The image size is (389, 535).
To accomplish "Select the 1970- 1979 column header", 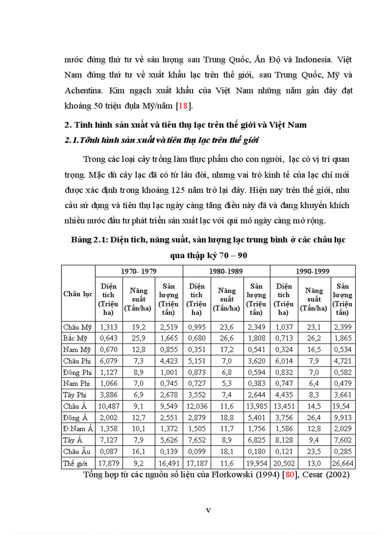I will pos(139,271).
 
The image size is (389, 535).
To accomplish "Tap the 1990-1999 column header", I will pos(313,271).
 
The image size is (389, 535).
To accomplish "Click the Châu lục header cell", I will pos(78,294).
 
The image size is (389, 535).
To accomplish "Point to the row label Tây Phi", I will pos(74,395).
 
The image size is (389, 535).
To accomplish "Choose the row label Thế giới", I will pos(76,463).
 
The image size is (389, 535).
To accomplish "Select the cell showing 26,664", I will pos(343,463).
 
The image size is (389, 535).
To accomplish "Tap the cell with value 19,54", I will pos(343,406).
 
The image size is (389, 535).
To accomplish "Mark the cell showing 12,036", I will pos(196,406).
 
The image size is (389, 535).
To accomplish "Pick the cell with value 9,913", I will pos(343,418).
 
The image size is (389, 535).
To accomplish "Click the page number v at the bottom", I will pos(208,510).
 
